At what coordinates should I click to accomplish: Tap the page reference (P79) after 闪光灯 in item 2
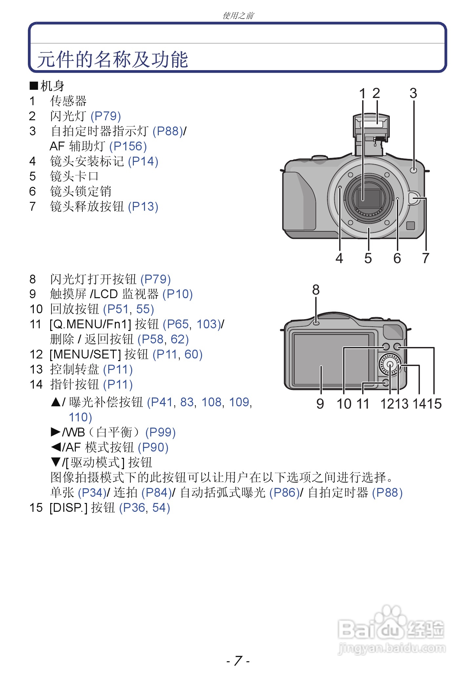coord(106,116)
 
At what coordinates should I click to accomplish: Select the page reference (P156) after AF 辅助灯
coord(128,146)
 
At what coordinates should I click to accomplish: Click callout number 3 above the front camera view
coord(413,93)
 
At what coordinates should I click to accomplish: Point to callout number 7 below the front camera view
coord(425,258)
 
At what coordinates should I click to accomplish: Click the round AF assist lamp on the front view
coord(414,169)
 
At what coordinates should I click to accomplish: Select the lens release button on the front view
coord(414,198)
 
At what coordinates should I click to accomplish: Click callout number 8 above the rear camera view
coord(316,290)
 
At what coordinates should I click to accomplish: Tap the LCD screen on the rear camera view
coord(331,359)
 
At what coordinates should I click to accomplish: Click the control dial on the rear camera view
coord(390,364)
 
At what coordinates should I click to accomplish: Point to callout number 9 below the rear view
coord(320,404)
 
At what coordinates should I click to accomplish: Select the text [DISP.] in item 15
coord(68,508)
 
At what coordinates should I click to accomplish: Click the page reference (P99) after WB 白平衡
coord(160,433)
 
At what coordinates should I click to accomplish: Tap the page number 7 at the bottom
coord(238,661)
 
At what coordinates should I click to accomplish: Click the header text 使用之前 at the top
coord(238,15)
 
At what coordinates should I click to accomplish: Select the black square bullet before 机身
coord(34,86)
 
